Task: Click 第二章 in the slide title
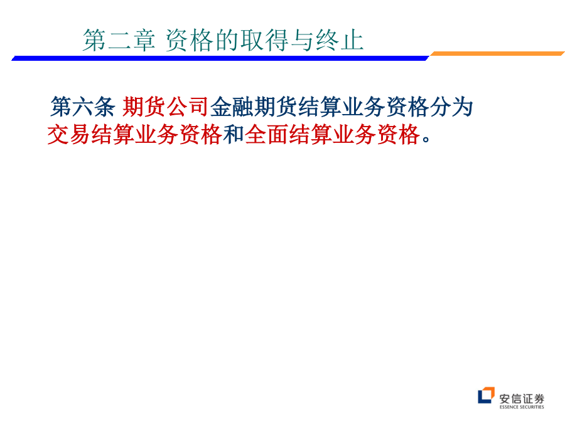tap(119, 40)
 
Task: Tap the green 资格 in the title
tap(190, 40)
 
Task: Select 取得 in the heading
tap(265, 40)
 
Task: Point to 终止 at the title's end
tap(340, 40)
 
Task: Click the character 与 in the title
tap(302, 40)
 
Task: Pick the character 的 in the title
tap(227, 40)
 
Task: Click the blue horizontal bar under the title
tap(220, 58)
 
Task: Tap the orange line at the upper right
tap(497, 54)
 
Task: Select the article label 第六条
tap(82, 107)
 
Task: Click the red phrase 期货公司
tap(165, 107)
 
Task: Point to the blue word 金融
tap(231, 107)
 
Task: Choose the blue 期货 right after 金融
tap(275, 107)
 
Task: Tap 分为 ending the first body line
tap(451, 107)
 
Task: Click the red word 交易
tap(68, 135)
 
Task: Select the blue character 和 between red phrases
tap(234, 135)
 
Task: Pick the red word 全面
tap(266, 135)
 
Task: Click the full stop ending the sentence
tap(426, 139)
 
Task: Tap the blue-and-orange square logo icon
tap(486, 395)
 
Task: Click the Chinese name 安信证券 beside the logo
tap(522, 399)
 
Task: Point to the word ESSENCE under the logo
tap(508, 407)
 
